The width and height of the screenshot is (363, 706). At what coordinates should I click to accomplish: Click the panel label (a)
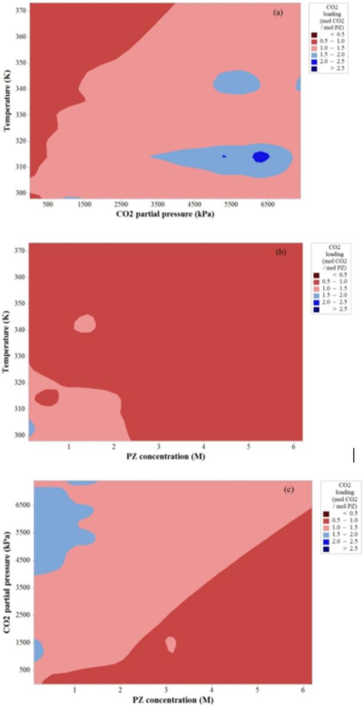coord(277,11)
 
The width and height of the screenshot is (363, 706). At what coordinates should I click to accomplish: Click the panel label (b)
coord(280,252)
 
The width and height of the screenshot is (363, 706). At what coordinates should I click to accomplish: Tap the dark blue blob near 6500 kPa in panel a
coord(261,156)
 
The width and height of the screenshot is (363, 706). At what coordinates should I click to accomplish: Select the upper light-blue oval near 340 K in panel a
coord(237,82)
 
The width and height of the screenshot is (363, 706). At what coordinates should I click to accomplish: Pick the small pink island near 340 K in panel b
coord(85,323)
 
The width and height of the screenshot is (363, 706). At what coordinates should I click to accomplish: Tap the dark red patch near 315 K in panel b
coord(47,397)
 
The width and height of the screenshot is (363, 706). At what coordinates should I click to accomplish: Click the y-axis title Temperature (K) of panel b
coord(6,342)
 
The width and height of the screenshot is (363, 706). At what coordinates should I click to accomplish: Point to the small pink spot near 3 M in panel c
coord(171,644)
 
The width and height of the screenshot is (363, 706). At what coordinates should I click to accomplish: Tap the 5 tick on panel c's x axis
coord(257,690)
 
